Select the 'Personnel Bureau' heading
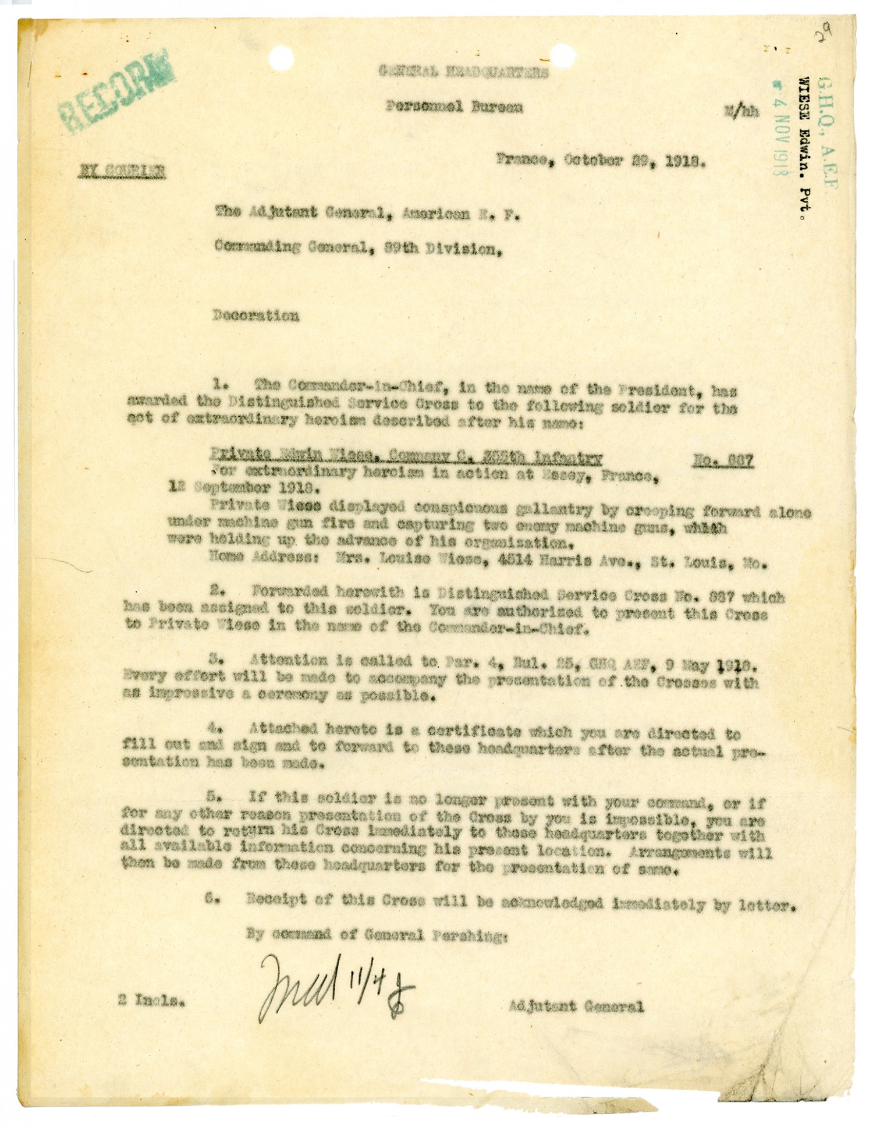point(454,107)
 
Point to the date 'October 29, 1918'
point(634,162)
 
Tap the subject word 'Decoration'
point(256,316)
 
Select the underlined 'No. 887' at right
point(723,461)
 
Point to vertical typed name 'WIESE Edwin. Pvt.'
point(807,150)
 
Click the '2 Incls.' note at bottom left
point(153,1002)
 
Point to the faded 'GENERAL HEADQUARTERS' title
point(463,73)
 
